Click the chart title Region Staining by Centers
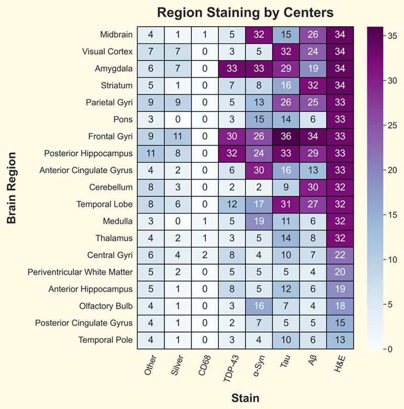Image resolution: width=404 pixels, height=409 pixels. click(245, 12)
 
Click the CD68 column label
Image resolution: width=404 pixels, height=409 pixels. click(202, 367)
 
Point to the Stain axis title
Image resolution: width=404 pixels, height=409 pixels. click(245, 398)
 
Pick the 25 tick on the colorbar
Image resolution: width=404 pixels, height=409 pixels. click(388, 126)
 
